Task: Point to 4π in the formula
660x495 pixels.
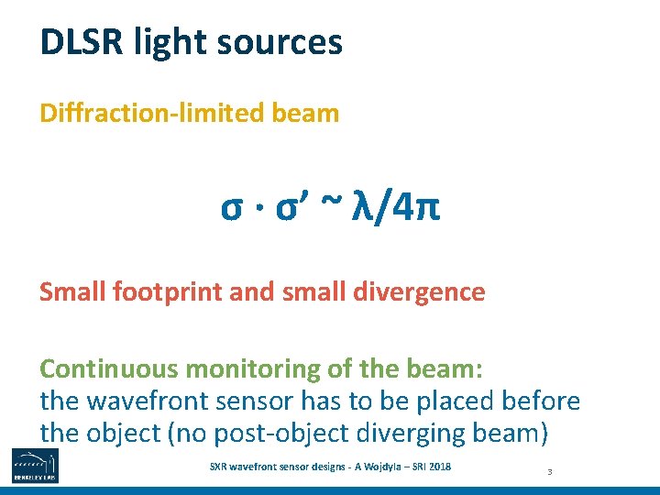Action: [x=415, y=208]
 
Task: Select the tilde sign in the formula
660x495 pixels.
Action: [x=327, y=208]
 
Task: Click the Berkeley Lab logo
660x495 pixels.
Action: [x=34, y=466]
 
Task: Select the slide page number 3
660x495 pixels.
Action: [x=549, y=472]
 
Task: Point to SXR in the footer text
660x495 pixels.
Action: [x=221, y=467]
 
